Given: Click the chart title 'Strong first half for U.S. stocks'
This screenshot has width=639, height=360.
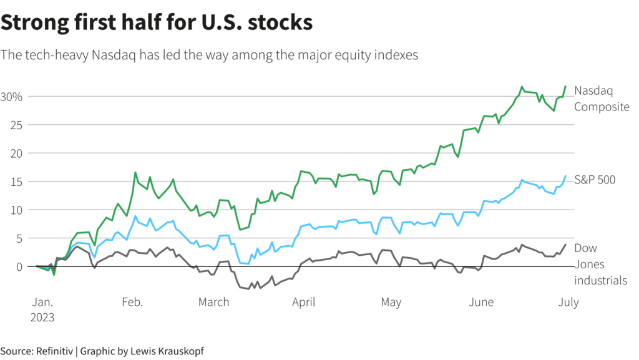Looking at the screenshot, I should pos(156,23).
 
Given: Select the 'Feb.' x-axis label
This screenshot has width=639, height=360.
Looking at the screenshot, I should pos(132,303).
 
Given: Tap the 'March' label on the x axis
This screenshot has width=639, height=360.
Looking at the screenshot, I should pos(213,303).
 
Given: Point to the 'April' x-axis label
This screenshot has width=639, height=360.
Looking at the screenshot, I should pos(303,303).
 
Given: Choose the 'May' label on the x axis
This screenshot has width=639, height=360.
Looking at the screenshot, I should pos(391,303).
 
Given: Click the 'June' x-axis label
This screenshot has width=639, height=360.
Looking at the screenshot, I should pos(481,303).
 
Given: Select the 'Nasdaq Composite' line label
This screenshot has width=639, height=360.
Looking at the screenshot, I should pos(602,99).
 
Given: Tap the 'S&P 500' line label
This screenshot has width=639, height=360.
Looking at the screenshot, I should pos(595,180).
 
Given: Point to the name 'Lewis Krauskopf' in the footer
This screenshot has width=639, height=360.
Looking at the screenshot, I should pos(167,351).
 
